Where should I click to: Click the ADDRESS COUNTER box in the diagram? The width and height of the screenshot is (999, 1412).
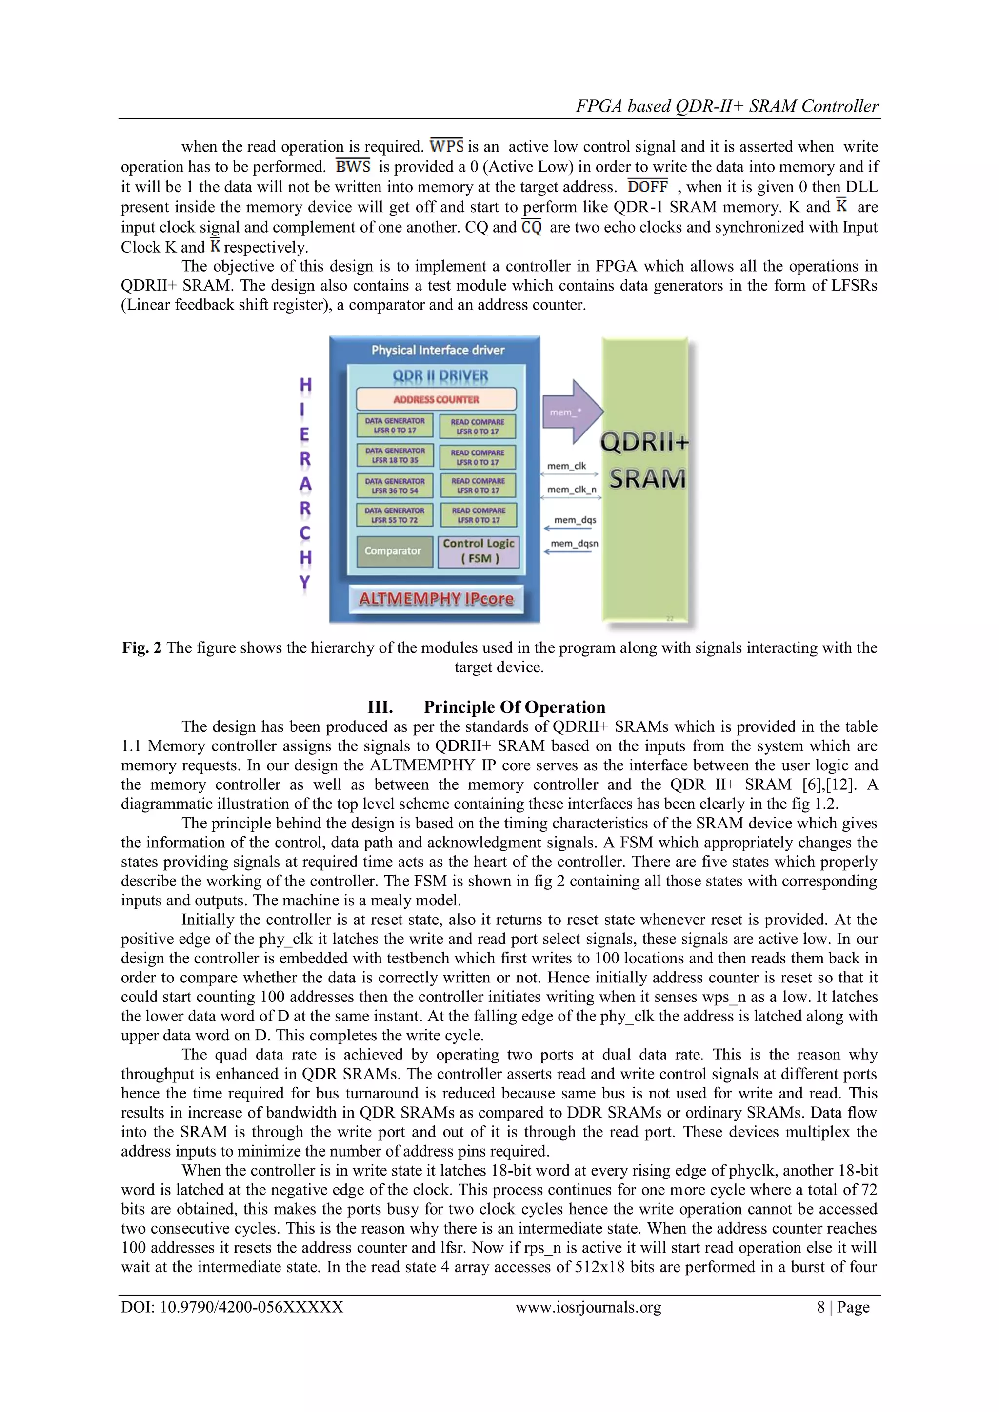[x=436, y=399]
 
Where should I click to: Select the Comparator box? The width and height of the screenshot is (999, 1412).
[x=393, y=551]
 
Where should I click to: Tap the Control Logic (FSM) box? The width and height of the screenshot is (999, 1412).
[x=479, y=551]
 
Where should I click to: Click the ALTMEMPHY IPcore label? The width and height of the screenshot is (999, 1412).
[x=436, y=599]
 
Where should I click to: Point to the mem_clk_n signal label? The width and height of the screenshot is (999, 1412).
[x=572, y=490]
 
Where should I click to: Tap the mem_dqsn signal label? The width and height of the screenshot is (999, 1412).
[x=574, y=544]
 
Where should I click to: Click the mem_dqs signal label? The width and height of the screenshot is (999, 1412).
[x=575, y=520]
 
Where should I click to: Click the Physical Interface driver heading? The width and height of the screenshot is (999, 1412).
[x=438, y=350]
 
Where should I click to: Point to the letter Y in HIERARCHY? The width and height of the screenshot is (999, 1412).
[x=304, y=582]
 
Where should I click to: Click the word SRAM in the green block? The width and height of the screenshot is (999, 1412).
[x=647, y=479]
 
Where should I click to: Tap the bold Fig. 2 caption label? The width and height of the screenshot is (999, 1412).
[x=141, y=647]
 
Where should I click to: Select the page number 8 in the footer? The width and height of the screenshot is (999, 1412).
[x=820, y=1307]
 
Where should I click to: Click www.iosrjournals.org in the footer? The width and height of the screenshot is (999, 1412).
[x=588, y=1307]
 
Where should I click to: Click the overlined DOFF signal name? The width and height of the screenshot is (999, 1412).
[x=647, y=187]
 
